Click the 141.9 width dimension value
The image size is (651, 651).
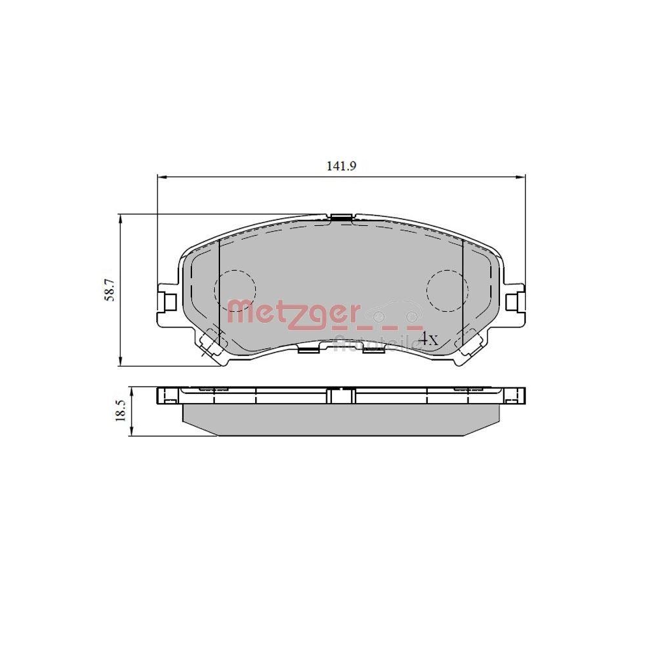(x=341, y=166)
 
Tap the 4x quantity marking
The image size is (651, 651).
(x=429, y=339)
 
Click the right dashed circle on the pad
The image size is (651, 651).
(x=447, y=287)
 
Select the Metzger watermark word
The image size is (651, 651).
(x=293, y=313)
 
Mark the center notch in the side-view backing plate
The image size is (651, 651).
(x=340, y=395)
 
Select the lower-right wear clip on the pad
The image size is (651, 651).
(x=470, y=341)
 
